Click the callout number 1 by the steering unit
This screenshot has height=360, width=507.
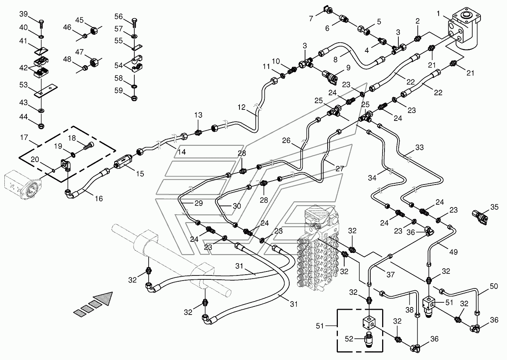pos(438,14)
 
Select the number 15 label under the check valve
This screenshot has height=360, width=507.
pos(140,174)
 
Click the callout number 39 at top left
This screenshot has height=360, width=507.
pos(23,14)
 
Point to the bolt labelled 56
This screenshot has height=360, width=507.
pos(134,23)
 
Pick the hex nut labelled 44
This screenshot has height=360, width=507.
pos(41,126)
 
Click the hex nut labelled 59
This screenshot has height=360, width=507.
pos(134,98)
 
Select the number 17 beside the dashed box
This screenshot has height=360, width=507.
pos(24,138)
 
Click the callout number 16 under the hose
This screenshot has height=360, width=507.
pos(98,198)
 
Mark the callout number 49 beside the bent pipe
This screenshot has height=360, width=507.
pos(453,252)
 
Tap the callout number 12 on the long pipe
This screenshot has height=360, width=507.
pos(241,107)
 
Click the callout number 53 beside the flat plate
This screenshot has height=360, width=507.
pos(23,85)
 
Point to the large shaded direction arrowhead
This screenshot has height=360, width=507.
pos(104,298)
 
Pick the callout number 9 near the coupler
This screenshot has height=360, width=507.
pos(348,68)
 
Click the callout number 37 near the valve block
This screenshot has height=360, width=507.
pos(390,275)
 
